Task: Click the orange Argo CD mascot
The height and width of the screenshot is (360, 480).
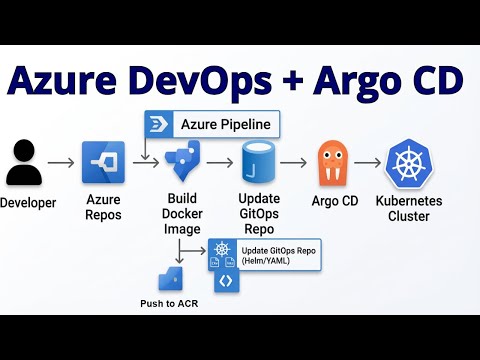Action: point(336,164)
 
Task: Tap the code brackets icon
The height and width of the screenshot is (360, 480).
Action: point(226,281)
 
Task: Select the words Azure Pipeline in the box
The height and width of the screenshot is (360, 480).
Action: point(225,125)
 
